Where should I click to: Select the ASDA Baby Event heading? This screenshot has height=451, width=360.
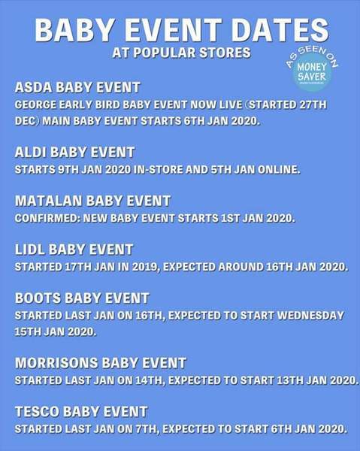point(77,87)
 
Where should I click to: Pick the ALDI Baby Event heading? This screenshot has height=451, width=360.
point(74,152)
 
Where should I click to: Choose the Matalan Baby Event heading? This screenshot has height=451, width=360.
point(92,201)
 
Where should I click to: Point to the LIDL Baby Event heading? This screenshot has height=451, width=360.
point(74,250)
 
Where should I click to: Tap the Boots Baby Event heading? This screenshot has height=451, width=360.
point(82,298)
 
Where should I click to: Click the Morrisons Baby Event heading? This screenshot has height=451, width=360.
point(101,362)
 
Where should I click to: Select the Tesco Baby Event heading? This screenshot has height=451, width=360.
point(81,411)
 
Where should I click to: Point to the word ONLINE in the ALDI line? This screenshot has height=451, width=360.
point(277,169)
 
